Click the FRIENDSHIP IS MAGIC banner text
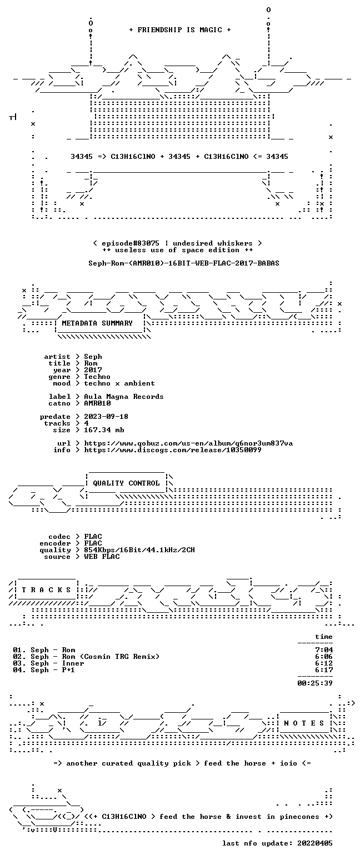coord(180,30)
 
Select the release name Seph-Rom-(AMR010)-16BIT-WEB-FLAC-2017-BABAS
coord(184,263)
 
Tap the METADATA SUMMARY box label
coord(97,323)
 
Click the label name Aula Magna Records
coord(123,397)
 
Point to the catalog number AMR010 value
coord(97,403)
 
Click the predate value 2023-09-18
coord(106,417)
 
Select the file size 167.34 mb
coord(104,430)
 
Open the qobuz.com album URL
coord(188,443)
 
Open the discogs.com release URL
coord(173,450)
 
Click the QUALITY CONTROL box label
coord(126,483)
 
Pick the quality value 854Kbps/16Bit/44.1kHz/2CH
coord(139,550)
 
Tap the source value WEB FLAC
coord(102,557)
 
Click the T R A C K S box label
coord(47,589)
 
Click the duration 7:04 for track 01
coord(324,650)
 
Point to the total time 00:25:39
coord(315,683)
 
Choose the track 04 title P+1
coord(68,670)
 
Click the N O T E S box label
coord(304,723)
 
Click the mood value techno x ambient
coord(119,383)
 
